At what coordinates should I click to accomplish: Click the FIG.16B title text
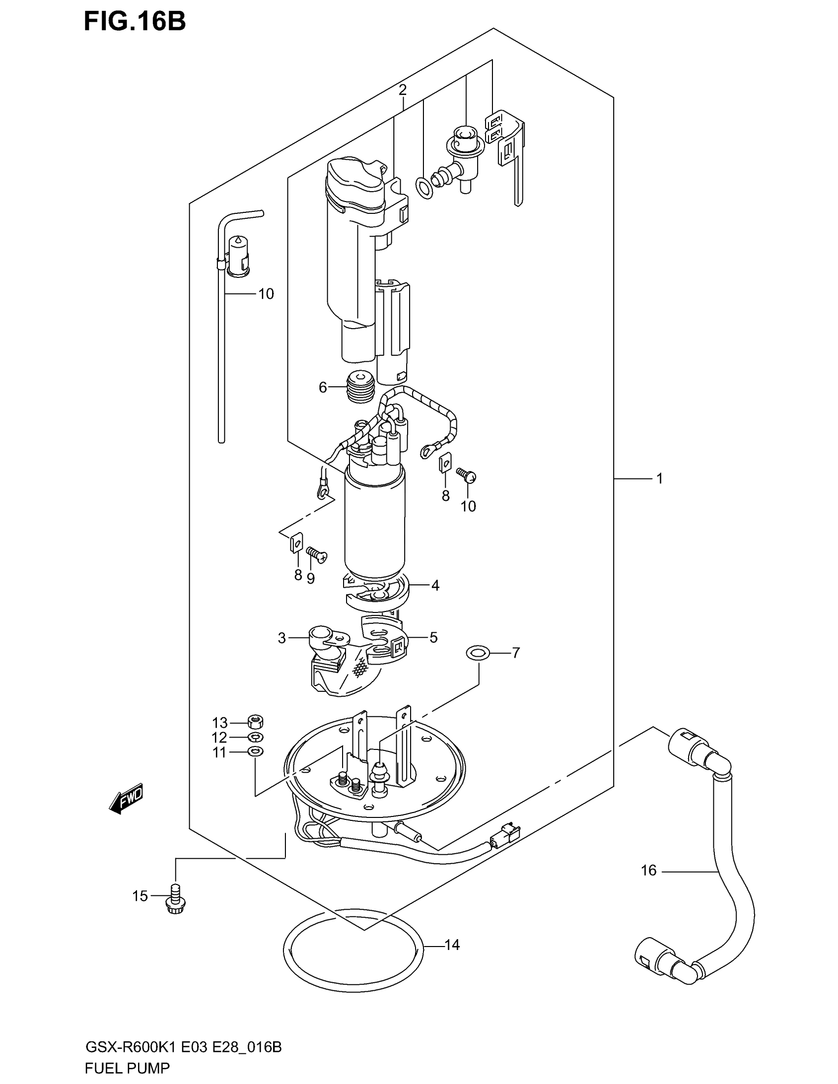coord(135,22)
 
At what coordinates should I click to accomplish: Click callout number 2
coord(402,90)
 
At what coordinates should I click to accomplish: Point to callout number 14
coord(452,945)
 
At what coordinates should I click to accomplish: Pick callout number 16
coord(648,870)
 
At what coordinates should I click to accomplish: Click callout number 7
coord(516,653)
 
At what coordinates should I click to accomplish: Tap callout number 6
coord(323,388)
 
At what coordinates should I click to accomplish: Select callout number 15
coord(140,896)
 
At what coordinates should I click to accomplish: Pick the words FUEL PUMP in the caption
coord(128,1067)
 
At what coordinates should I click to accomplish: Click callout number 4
coord(435,586)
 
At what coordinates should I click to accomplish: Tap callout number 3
coord(282,638)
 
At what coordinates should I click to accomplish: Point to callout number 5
coord(433,637)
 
